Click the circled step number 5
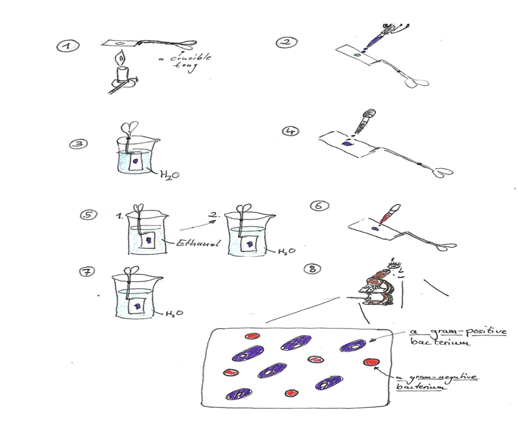click(87, 216)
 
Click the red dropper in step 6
click(389, 214)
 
